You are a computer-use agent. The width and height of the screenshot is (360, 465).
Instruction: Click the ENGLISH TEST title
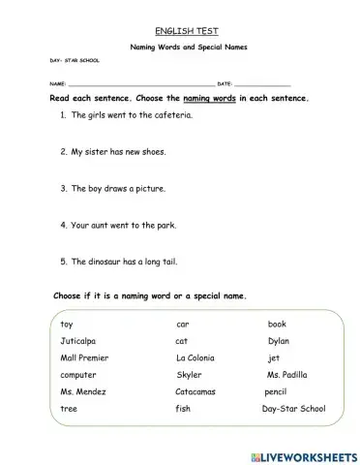[x=180, y=32]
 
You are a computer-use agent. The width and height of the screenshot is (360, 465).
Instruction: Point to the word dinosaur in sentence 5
[x=106, y=261]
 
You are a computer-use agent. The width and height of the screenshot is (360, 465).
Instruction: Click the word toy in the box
[x=66, y=324]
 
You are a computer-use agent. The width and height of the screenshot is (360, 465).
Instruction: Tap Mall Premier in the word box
[x=83, y=357]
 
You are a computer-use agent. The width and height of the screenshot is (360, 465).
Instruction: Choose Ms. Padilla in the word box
[x=290, y=374]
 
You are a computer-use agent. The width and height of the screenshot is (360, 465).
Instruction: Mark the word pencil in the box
[x=277, y=391]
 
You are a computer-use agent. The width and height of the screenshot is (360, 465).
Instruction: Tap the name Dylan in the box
[x=279, y=341]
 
